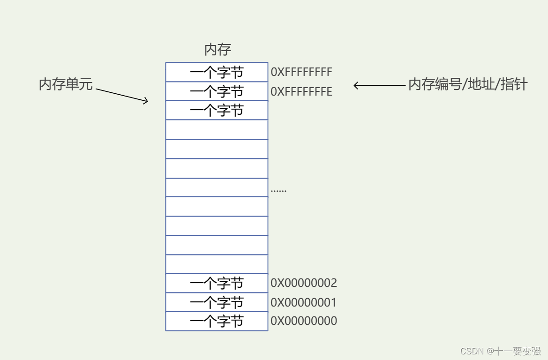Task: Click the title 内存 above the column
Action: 218,50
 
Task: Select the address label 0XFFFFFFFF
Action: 301,72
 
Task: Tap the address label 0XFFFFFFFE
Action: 301,92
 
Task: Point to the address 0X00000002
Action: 304,283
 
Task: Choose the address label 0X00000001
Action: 304,303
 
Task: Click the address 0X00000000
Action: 304,321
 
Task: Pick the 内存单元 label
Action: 66,85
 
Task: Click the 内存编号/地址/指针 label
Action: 468,84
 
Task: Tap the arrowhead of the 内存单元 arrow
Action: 147,101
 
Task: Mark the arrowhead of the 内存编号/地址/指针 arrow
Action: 355,85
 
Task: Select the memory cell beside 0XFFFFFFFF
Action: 217,72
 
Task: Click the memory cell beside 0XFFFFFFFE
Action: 217,91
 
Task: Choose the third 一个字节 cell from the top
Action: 217,111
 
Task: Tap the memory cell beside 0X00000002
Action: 217,283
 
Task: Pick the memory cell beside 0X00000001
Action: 217,302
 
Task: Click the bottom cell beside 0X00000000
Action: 217,321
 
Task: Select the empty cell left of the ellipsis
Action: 217,187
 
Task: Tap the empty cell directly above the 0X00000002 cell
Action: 217,264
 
